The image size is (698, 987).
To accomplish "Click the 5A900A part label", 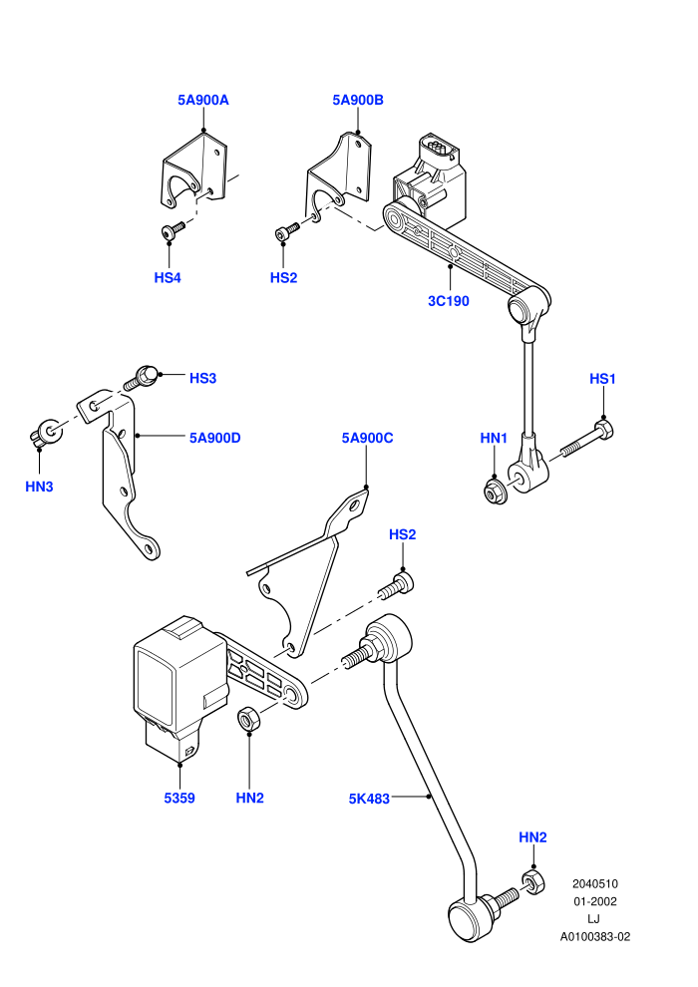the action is (x=203, y=100).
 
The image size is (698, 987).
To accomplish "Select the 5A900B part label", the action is (x=358, y=100).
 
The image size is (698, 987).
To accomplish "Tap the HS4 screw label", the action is (x=168, y=277).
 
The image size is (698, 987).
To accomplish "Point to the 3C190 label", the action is (x=449, y=301).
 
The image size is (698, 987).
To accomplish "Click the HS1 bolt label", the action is (x=602, y=378).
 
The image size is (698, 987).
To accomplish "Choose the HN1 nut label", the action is (x=494, y=438).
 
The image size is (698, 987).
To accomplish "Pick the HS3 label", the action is (x=202, y=378).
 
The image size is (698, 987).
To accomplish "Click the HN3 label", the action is (x=39, y=487).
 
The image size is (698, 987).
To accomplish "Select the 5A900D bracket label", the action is (x=215, y=438).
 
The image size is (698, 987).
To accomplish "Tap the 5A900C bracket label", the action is (x=368, y=438).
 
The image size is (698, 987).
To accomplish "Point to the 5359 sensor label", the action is (x=179, y=799).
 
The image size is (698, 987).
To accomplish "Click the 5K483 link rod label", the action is (x=370, y=799).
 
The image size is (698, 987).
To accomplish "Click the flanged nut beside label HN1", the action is (x=493, y=491).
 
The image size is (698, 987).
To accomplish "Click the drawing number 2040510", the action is (x=594, y=883).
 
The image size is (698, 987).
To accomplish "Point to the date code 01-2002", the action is (x=594, y=901).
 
